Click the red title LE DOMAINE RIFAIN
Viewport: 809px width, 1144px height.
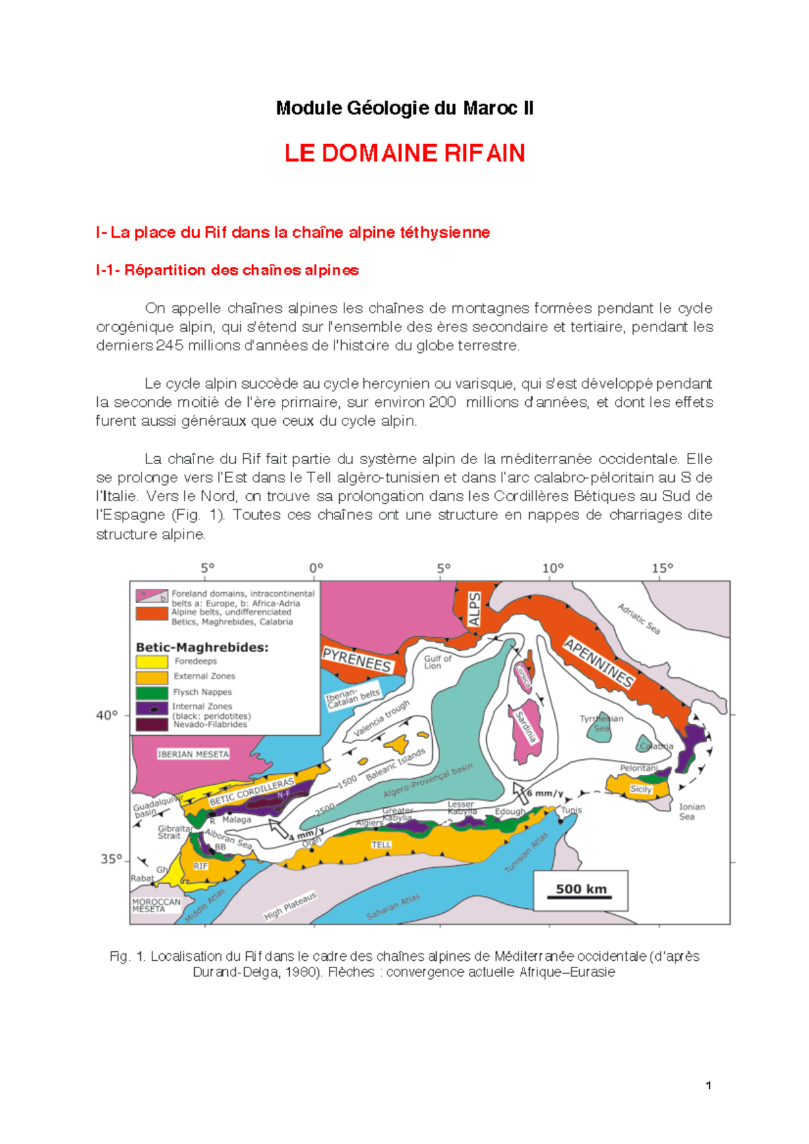(x=404, y=153)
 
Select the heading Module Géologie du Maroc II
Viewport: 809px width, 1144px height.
(x=404, y=108)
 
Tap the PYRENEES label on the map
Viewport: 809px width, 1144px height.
(x=357, y=660)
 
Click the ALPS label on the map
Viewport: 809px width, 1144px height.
(x=475, y=609)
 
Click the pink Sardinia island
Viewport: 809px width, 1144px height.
(x=526, y=730)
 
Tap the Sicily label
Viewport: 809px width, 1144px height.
(x=640, y=789)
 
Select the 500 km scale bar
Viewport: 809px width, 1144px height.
(x=580, y=891)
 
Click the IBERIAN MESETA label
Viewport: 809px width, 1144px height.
(x=193, y=754)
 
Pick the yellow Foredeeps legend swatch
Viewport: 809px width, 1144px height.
(x=152, y=662)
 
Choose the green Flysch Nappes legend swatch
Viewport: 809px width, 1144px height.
(x=152, y=692)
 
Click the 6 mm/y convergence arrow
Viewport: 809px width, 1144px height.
(x=520, y=793)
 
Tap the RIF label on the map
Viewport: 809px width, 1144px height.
(x=201, y=866)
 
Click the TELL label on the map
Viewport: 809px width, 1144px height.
(x=381, y=844)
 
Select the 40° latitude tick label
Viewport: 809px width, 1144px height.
(x=107, y=715)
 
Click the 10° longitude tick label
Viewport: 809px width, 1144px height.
(x=553, y=568)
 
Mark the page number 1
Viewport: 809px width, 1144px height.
(x=709, y=1085)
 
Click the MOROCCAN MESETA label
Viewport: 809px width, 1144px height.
(x=156, y=905)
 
